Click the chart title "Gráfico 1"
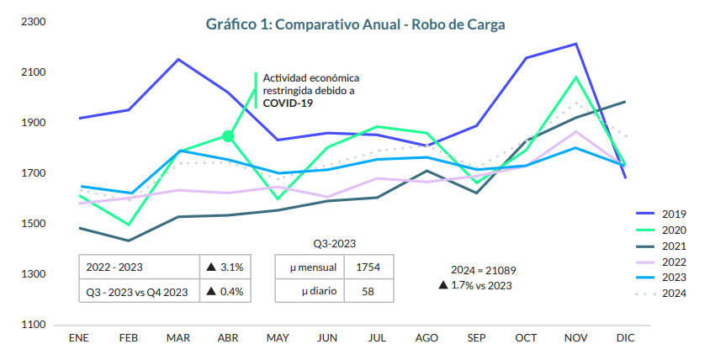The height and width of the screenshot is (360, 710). (356, 24)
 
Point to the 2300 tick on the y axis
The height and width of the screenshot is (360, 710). (32, 22)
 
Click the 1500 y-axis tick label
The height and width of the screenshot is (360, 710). (32, 224)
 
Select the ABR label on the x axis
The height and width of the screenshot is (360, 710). (227, 337)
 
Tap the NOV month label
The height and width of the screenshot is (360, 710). (575, 337)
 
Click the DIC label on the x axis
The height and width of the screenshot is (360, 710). (625, 337)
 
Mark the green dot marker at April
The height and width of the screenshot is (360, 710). (228, 136)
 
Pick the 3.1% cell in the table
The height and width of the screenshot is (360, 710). (225, 267)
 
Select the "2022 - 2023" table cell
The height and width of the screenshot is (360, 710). (114, 267)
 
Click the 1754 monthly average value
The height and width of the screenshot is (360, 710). (368, 267)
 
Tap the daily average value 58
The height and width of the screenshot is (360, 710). (368, 291)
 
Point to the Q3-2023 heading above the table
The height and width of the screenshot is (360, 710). (335, 243)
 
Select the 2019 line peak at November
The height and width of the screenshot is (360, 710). (575, 44)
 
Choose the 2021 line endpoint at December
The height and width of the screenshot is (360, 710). (625, 102)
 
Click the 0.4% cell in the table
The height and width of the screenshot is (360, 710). (225, 291)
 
